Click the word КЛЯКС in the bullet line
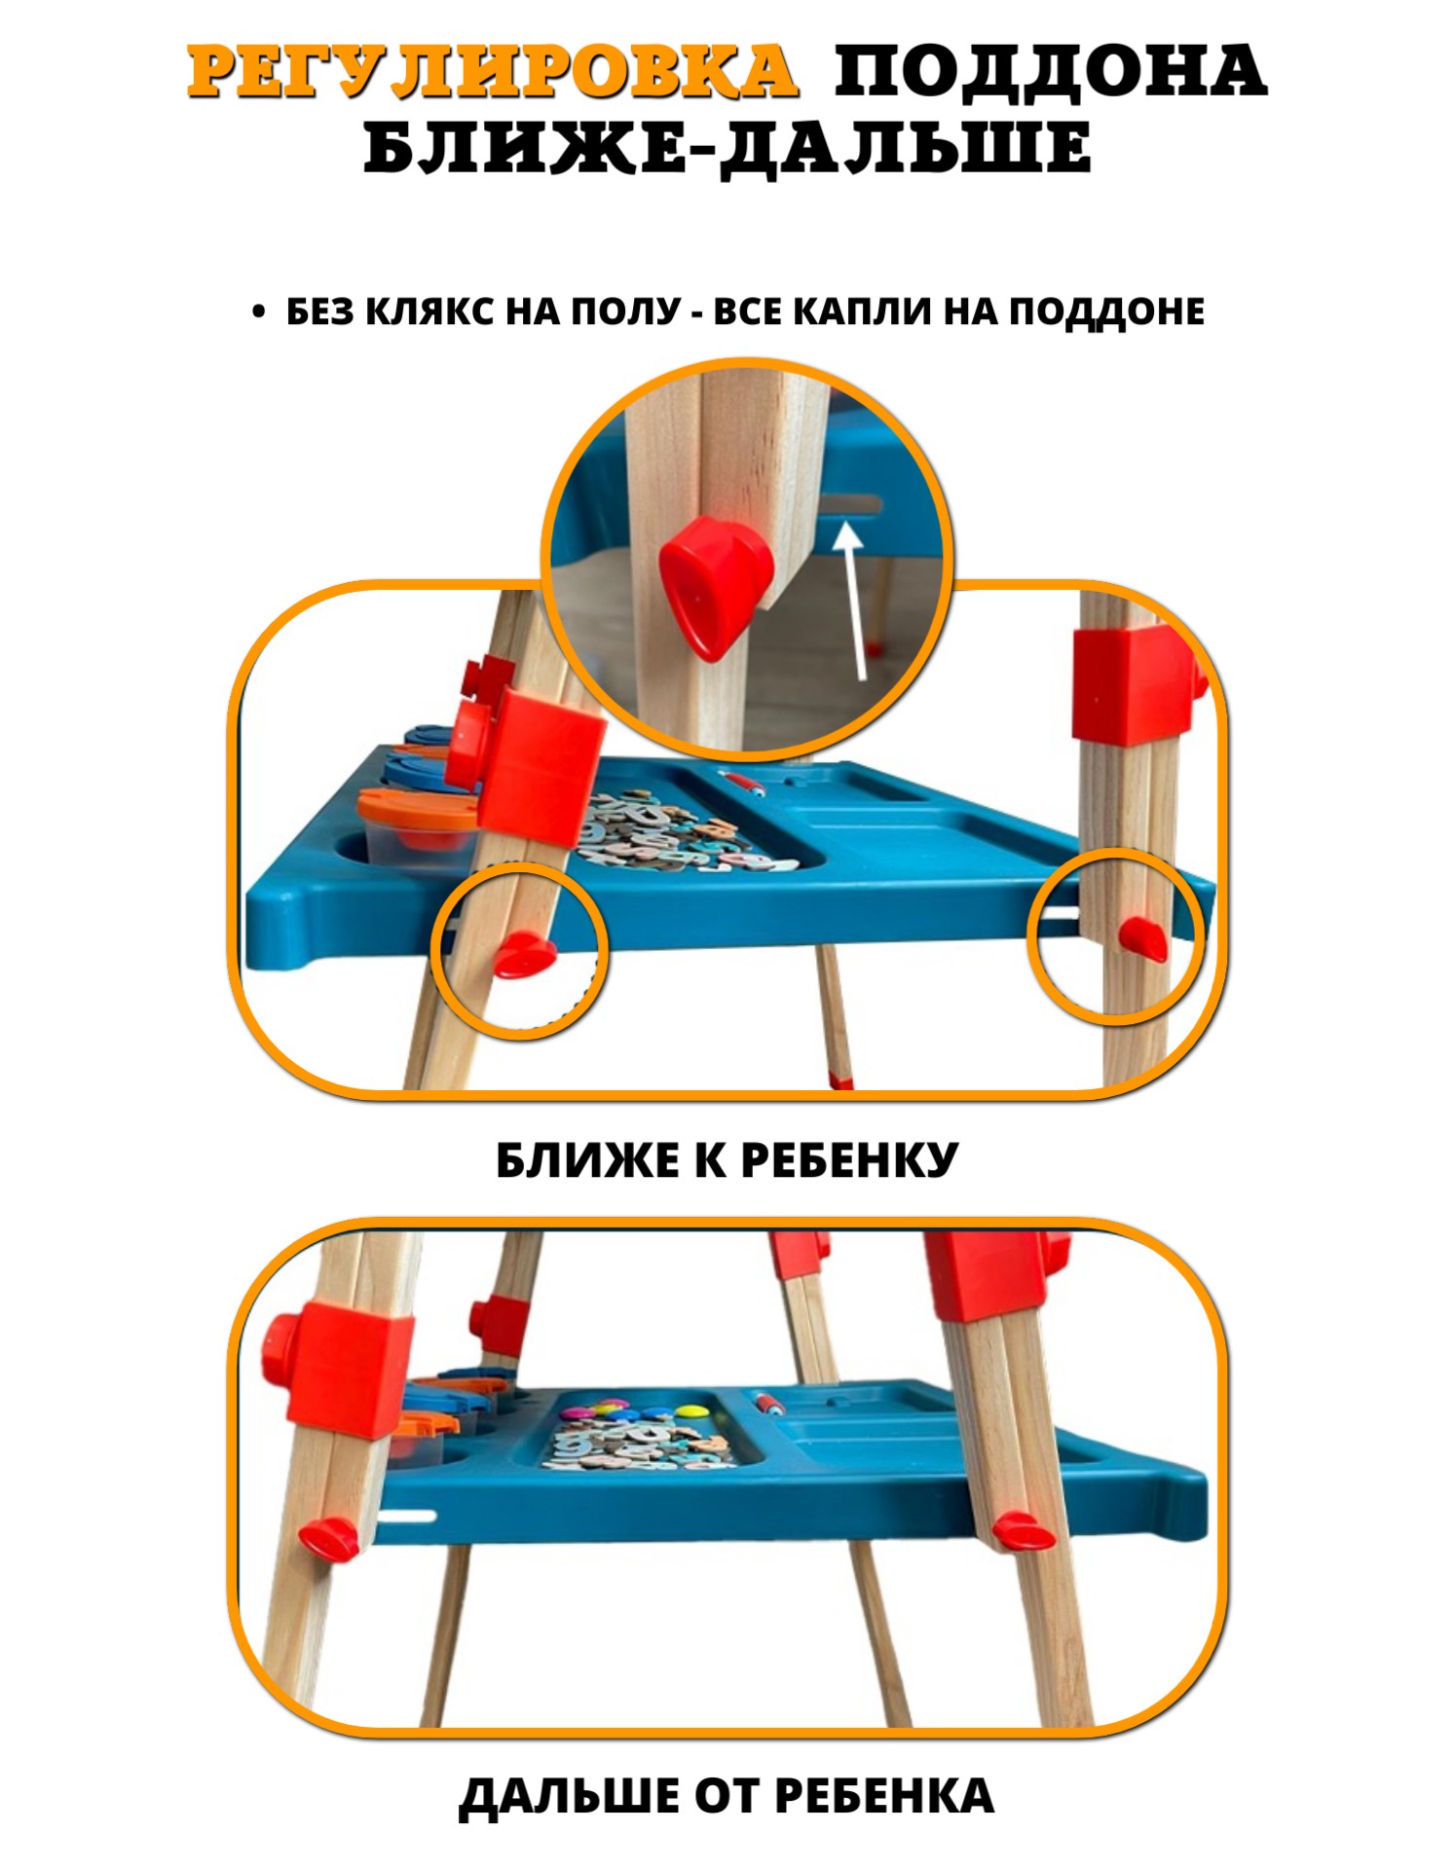tap(426, 311)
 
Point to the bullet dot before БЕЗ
tap(258, 311)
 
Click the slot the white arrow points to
tap(853, 505)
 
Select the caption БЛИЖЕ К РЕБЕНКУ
tap(727, 1160)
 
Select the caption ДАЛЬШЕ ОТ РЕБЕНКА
tap(727, 1797)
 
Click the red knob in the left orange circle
tap(522, 954)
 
